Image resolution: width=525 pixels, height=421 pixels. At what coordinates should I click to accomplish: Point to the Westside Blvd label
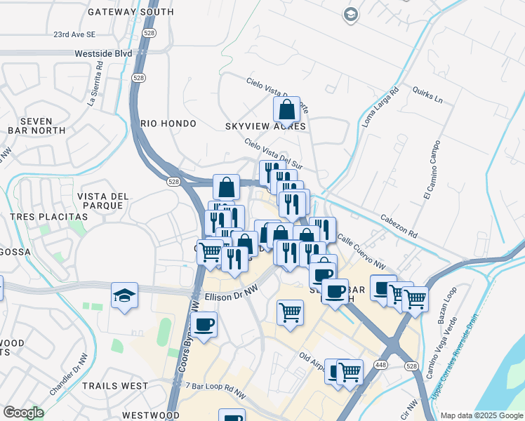coord(104,53)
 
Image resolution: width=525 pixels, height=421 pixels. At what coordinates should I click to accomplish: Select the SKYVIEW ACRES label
coord(265,126)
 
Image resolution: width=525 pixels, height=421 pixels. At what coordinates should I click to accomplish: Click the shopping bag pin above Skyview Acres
coord(286,110)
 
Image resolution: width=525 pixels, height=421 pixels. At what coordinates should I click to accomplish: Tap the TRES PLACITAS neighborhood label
coord(48,217)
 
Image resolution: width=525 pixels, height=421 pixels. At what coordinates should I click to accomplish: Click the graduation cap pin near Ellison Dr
coord(124,295)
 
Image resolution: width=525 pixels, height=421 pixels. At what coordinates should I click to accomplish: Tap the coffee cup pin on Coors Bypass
coord(204,325)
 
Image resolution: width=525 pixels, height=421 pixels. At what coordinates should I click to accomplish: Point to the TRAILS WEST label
coord(115,386)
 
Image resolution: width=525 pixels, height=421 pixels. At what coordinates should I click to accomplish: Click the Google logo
coord(23,413)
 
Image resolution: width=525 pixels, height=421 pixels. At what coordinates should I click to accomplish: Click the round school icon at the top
coord(350,14)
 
